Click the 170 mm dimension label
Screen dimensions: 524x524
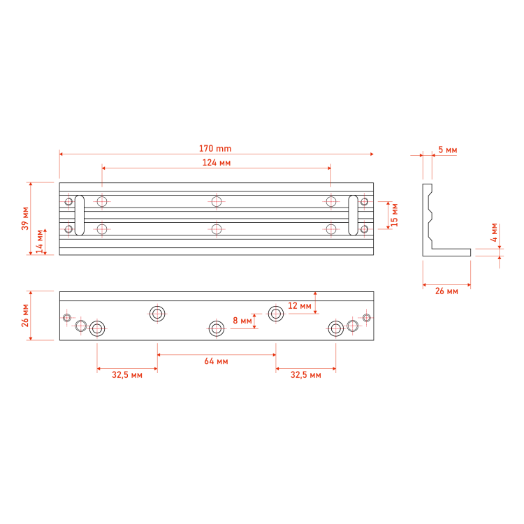click(x=215, y=148)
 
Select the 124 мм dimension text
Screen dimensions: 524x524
click(x=217, y=163)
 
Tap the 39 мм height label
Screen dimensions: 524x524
click(x=25, y=219)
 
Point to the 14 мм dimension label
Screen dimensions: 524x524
click(x=40, y=241)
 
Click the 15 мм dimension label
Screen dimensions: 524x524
click(x=394, y=215)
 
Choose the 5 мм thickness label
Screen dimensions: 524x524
click(x=447, y=150)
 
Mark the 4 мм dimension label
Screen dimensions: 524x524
click(x=494, y=233)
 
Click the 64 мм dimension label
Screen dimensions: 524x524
click(x=216, y=361)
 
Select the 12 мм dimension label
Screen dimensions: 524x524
click(x=300, y=306)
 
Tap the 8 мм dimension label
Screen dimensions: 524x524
click(x=242, y=321)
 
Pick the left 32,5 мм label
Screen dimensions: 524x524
click(x=127, y=375)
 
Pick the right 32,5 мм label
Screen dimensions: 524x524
click(x=306, y=375)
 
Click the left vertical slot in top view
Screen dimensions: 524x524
click(x=80, y=216)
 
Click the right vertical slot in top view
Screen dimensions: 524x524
click(x=354, y=216)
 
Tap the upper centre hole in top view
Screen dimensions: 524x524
click(x=217, y=202)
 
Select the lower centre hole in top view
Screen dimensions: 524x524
click(x=217, y=229)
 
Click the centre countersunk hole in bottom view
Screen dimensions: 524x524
click(x=217, y=329)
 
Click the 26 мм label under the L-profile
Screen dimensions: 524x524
click(x=446, y=291)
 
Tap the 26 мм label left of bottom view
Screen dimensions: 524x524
click(x=25, y=316)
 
